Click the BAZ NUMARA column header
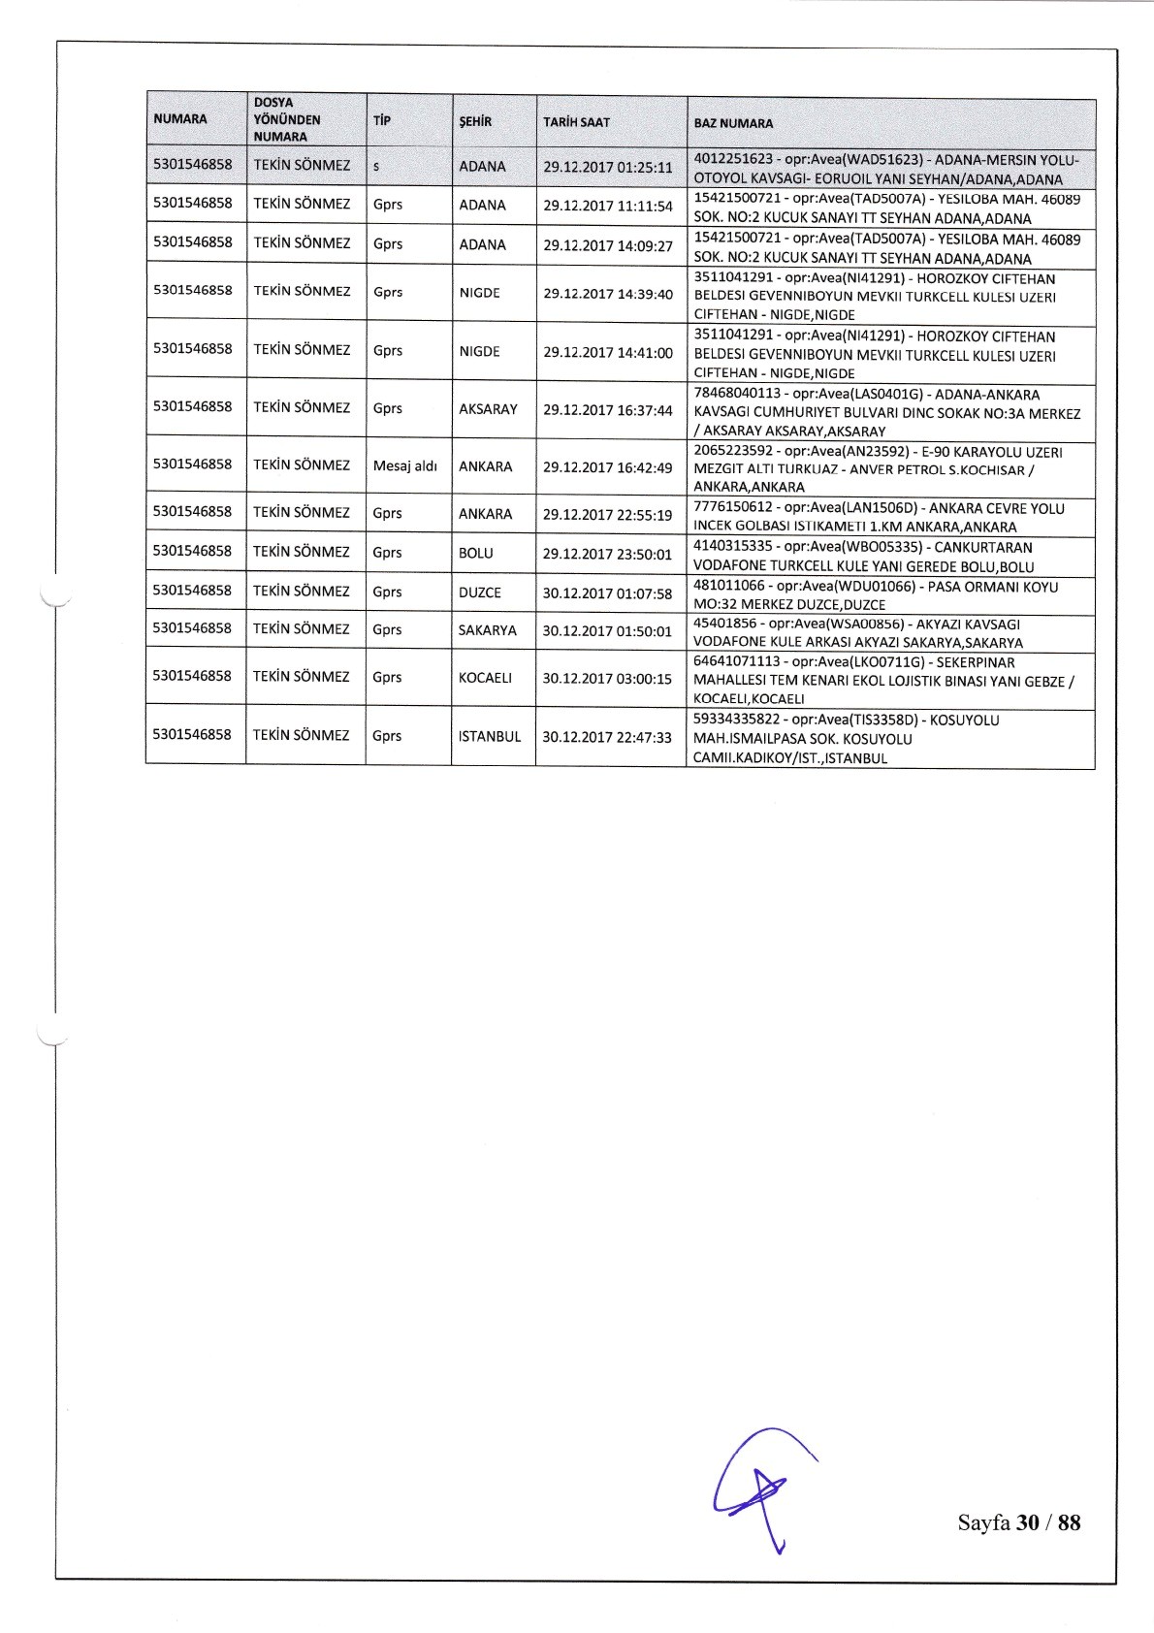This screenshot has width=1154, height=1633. point(734,123)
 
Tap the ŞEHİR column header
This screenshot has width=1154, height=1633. point(475,122)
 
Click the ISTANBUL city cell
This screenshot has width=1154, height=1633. point(489,736)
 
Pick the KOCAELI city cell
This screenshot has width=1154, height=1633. point(485,678)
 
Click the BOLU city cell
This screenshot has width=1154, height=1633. point(476,553)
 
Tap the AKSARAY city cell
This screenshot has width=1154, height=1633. point(488,409)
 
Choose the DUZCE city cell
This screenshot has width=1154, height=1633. point(480,592)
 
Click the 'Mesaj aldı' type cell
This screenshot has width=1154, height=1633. point(404,466)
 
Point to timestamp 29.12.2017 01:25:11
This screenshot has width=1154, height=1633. point(608,167)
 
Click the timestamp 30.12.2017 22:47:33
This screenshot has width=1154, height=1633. point(607,737)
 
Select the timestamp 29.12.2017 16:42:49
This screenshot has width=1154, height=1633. point(608,466)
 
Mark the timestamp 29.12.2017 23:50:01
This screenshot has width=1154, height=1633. point(608,553)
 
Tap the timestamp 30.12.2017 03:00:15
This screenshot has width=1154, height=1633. point(607,679)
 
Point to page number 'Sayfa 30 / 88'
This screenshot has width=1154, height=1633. point(1018,1521)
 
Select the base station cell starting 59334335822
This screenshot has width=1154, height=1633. point(889,739)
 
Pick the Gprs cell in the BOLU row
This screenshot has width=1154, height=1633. point(388,553)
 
